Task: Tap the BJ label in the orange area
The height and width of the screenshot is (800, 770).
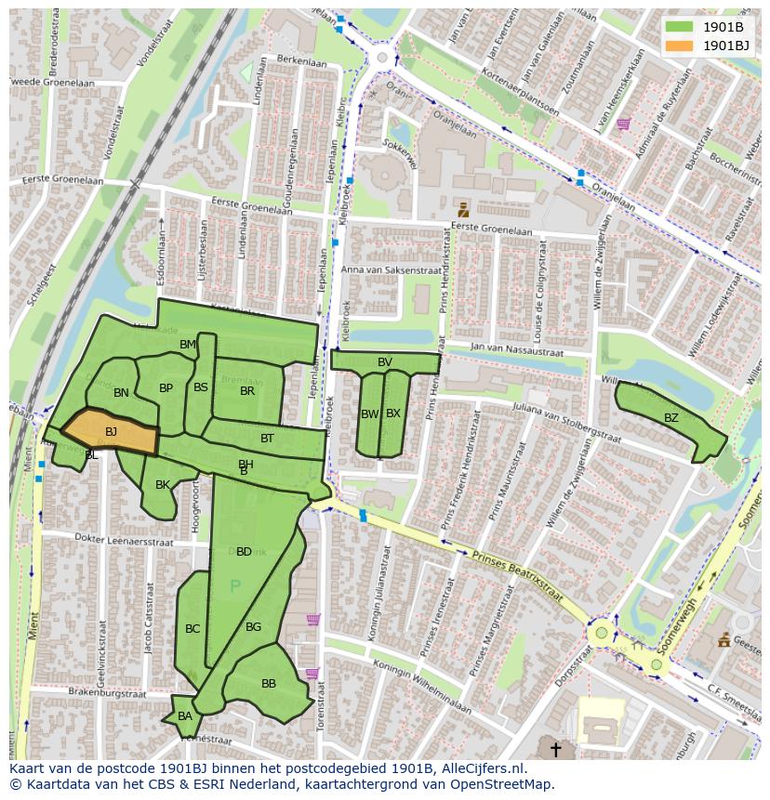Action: [x=111, y=432]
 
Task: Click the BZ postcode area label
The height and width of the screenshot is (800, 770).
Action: [x=671, y=418]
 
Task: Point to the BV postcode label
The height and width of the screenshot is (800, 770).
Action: [x=385, y=362]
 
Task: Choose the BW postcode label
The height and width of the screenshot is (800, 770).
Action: [x=369, y=414]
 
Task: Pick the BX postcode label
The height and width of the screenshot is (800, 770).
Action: [x=393, y=413]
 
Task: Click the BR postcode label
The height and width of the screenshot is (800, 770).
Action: [x=247, y=391]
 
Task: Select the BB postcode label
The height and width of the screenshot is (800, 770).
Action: [x=269, y=684]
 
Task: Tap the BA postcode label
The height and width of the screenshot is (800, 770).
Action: [x=185, y=716]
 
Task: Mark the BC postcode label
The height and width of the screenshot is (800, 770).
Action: [x=192, y=629]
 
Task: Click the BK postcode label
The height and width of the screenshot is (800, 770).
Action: [x=163, y=485]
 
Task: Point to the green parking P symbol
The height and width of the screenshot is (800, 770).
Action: [x=234, y=586]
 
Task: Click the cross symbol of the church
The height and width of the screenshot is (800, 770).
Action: [x=556, y=749]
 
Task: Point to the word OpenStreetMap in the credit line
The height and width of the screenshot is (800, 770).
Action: [x=503, y=784]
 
